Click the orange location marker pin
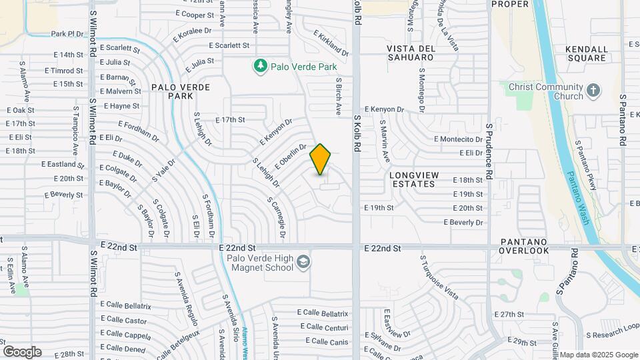(x=321, y=159)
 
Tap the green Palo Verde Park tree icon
(x=260, y=66)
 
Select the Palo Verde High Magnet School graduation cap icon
(x=303, y=261)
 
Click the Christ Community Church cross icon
(x=593, y=90)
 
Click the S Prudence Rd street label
(x=489, y=150)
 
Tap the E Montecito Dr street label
(x=458, y=139)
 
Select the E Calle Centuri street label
(x=324, y=327)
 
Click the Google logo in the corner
(x=22, y=351)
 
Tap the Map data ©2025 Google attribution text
(x=598, y=355)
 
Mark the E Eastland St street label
(x=63, y=164)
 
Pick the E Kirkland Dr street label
(x=331, y=45)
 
